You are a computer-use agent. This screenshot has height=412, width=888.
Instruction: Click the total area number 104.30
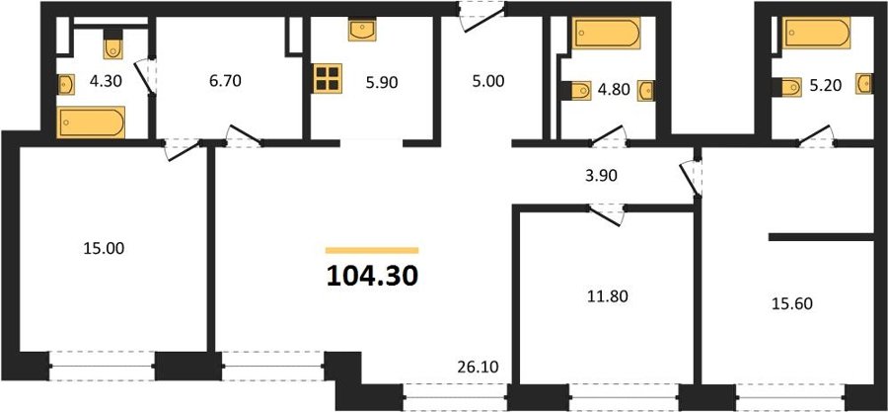coord(372,276)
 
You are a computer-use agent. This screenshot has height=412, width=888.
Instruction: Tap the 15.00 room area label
coord(104,248)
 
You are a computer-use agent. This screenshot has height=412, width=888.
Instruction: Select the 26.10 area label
coord(478,368)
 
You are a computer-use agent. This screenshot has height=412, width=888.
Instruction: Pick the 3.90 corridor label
coord(601,176)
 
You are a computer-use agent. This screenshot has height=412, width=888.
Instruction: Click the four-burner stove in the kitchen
coord(328,78)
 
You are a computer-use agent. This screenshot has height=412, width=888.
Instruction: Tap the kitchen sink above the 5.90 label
coord(362,30)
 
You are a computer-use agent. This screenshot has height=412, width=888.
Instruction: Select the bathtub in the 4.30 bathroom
coord(91,123)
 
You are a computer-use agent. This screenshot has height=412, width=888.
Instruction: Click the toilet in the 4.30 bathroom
coord(112,44)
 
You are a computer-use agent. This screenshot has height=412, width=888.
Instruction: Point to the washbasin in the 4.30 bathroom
coord(66,85)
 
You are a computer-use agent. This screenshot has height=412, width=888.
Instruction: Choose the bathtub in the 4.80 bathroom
coord(607,33)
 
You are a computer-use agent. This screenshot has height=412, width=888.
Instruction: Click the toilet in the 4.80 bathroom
coord(576,91)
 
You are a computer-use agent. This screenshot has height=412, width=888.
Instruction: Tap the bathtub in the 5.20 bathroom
coord(816,33)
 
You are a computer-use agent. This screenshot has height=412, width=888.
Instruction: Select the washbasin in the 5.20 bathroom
coord(863,84)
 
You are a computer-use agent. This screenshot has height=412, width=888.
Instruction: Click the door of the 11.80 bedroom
coord(606,214)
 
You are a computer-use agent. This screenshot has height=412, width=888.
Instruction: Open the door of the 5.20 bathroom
coord(816,136)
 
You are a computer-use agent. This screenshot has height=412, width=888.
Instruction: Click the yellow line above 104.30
coord(372,250)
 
